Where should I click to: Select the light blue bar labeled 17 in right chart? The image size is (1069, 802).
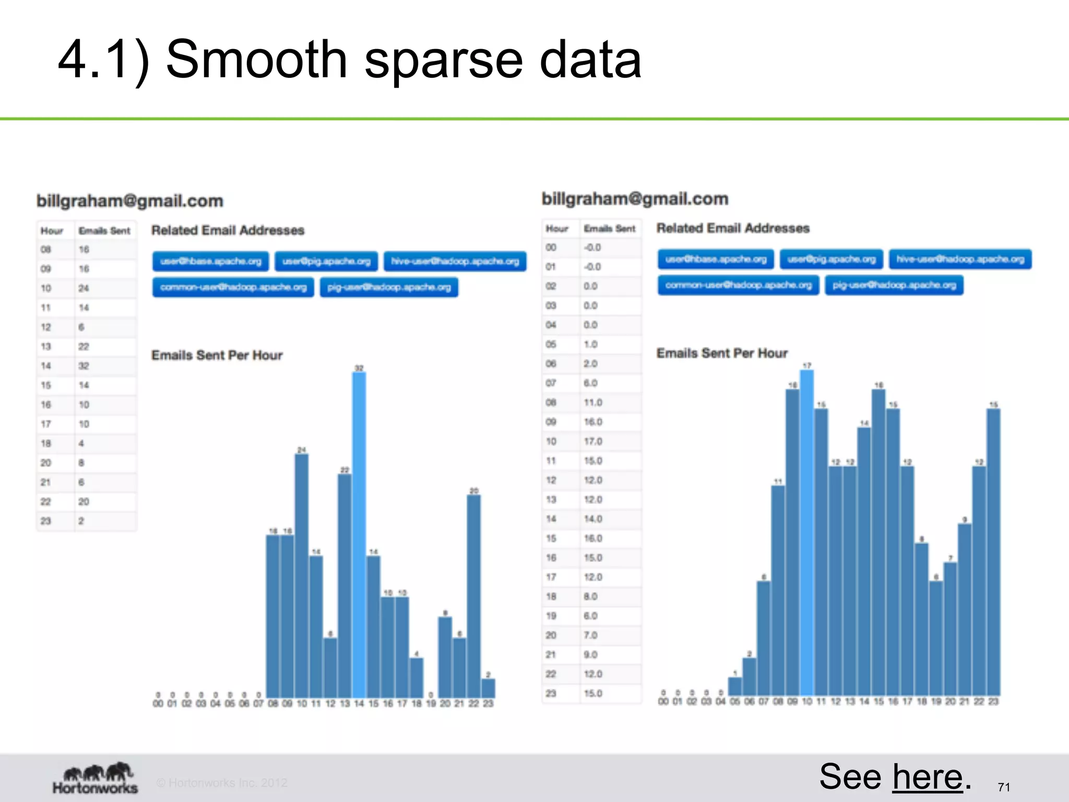point(807,533)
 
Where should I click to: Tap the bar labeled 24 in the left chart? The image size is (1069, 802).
point(302,574)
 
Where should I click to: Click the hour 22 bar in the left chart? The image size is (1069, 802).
point(474,595)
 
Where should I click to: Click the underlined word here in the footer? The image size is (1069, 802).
point(927,777)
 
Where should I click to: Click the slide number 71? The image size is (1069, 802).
point(1003,787)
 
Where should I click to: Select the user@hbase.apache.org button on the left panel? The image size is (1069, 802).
point(211,261)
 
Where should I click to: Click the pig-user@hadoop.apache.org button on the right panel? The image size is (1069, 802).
point(894,285)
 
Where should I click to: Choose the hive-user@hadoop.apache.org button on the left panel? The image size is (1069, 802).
point(455,261)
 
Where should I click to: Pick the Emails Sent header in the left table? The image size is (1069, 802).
point(104,231)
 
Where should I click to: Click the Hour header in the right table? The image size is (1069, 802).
point(557,229)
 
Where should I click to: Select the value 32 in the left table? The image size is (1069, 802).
point(84,366)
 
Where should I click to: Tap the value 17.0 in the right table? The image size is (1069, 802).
point(592,442)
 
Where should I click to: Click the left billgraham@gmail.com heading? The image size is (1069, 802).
point(130,201)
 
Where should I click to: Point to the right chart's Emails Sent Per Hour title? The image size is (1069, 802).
point(722,353)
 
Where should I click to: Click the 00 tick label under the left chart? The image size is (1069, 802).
point(158,704)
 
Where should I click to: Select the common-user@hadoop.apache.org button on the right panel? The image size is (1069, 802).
point(739,285)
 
